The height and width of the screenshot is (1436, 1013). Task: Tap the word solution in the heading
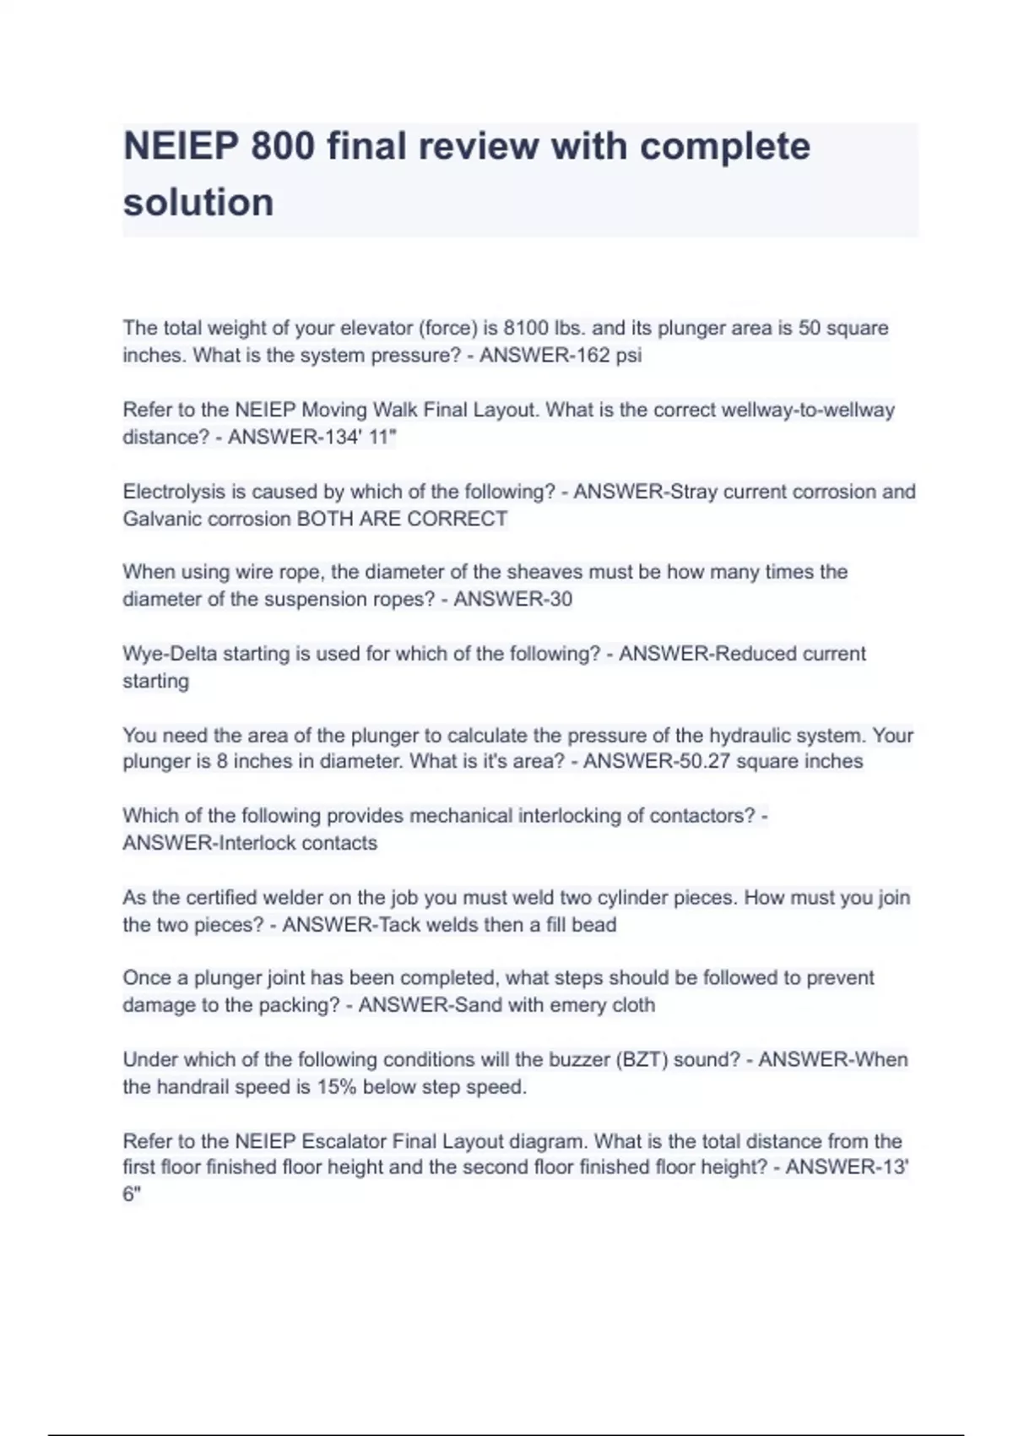click(x=198, y=203)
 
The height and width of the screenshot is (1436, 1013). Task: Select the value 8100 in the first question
click(x=526, y=328)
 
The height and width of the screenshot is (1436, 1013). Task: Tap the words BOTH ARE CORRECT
click(x=402, y=519)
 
